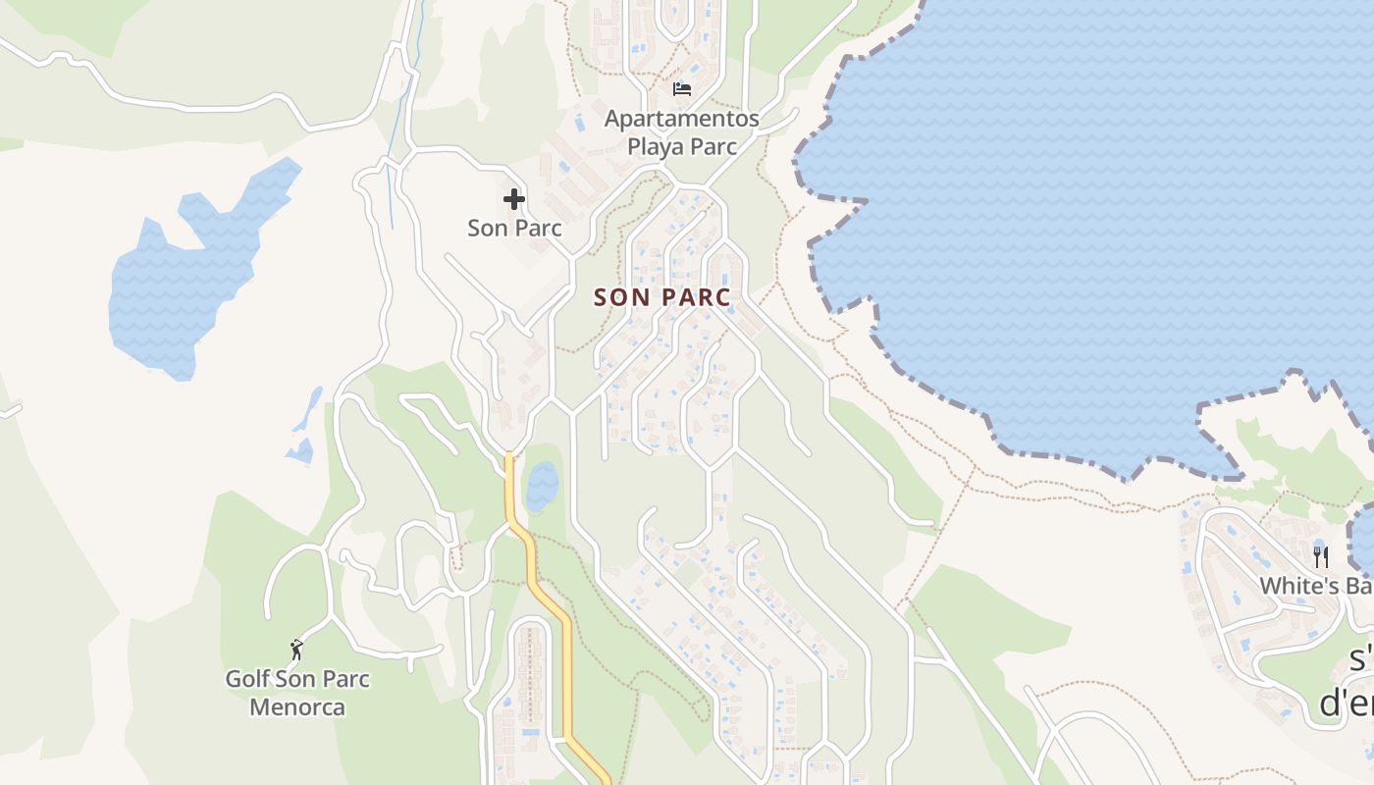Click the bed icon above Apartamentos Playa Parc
click(x=681, y=89)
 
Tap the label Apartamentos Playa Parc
click(x=681, y=132)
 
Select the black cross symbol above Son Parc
click(x=513, y=200)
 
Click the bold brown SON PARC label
click(x=662, y=297)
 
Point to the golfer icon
click(x=296, y=649)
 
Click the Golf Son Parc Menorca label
click(x=297, y=692)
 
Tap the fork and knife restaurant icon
click(x=1321, y=557)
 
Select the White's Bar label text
click(x=1315, y=586)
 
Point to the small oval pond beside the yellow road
click(x=542, y=485)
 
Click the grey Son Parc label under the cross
click(x=514, y=229)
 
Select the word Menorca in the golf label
click(x=297, y=706)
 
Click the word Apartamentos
click(x=681, y=119)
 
